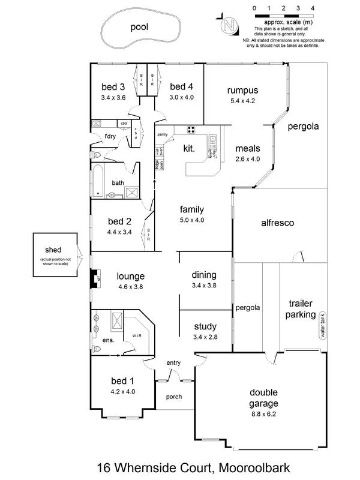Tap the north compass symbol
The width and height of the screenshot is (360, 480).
click(227, 25)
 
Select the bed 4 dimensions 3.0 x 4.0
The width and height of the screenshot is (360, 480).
click(181, 97)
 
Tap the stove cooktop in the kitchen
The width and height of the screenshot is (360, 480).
click(191, 130)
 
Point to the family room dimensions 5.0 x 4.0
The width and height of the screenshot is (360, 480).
click(192, 220)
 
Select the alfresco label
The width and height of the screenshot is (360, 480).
click(277, 223)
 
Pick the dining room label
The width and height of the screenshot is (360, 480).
click(203, 275)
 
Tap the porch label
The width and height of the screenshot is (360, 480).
click(173, 397)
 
